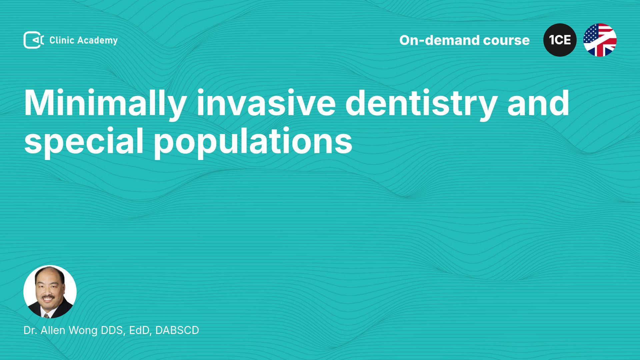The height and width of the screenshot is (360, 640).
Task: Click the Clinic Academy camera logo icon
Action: click(34, 40)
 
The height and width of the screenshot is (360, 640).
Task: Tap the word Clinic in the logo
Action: click(62, 40)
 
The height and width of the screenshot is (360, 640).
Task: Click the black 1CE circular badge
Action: click(560, 40)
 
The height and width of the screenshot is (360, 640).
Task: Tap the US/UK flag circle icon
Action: click(600, 40)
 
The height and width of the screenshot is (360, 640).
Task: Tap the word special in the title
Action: click(84, 141)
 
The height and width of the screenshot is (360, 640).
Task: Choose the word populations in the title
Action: click(253, 141)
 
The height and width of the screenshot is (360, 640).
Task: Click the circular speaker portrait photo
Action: click(50, 292)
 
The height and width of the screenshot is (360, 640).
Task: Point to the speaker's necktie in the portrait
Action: click(46, 315)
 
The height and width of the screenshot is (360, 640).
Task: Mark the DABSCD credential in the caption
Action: click(177, 330)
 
